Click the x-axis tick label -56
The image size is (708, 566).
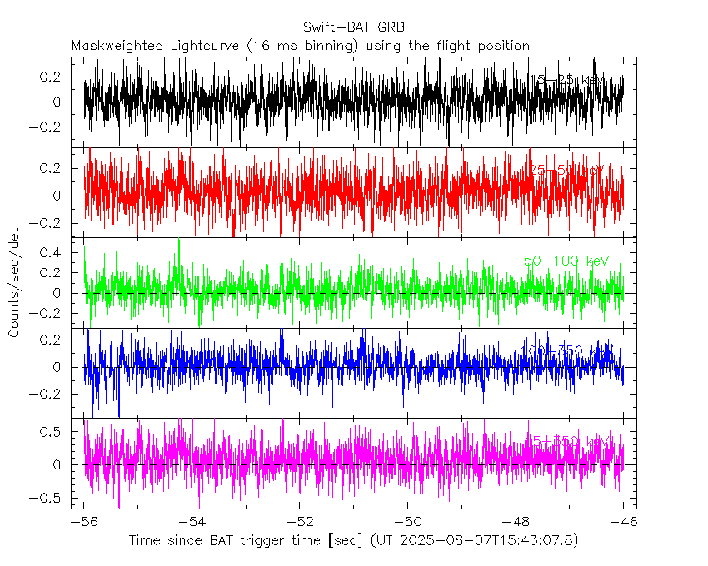pyautogui.click(x=84, y=523)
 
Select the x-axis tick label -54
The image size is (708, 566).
pyautogui.click(x=192, y=523)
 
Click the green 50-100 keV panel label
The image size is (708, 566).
pyautogui.click(x=567, y=261)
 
